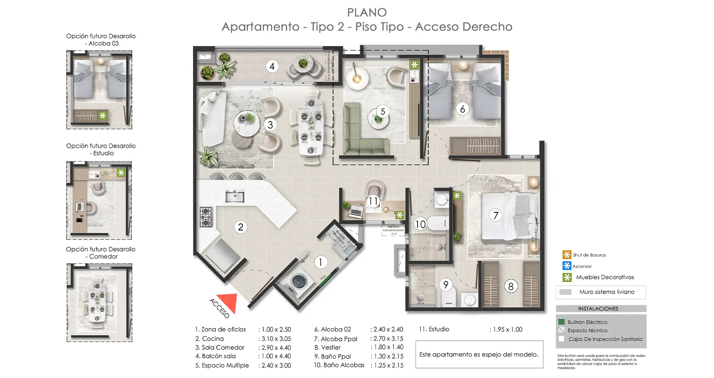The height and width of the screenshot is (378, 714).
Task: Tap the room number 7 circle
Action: pos(495,215)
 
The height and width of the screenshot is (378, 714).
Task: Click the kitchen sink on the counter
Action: pos(235,196)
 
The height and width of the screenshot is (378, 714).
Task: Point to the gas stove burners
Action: pos(206,217)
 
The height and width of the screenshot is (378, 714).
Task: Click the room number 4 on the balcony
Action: pos(272,66)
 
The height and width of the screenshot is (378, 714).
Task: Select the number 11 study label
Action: pos(373,201)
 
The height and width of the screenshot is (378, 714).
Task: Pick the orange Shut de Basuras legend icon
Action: pos(567,255)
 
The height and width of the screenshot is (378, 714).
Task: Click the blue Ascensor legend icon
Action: pos(567,266)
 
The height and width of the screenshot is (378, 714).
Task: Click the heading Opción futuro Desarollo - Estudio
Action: pos(101,150)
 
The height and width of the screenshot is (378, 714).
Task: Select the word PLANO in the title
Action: pos(367,13)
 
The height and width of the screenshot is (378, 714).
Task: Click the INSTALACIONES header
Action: pos(598,309)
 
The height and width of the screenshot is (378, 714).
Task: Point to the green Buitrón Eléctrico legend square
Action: pos(561,322)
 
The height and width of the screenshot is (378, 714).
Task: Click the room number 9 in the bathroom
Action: pos(445,285)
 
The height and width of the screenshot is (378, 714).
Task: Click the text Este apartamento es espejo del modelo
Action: pos(479,354)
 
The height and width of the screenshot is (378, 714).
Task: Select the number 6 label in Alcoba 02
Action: pos(462,109)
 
